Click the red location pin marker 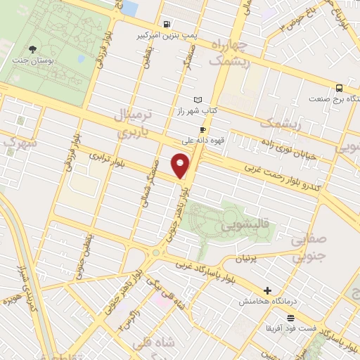click(181, 166)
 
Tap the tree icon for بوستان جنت click(32, 49)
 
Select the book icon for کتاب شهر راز click(198, 99)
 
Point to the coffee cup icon click(202, 129)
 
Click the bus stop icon click(340, 89)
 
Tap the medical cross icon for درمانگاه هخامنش click(267, 290)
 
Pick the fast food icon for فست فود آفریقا click(290, 319)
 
